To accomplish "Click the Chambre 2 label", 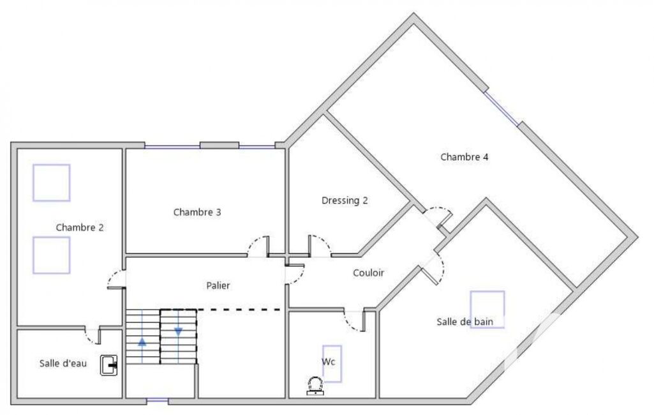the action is coord(80,227).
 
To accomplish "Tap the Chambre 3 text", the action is coord(197,212).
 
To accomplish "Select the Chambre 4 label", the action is coord(464,157).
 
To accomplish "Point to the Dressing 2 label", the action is coord(345,201).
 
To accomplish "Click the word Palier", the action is coord(218,285).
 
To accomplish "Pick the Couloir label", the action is coord(368,273).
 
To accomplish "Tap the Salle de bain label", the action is coord(464,322).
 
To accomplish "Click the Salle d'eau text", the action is coord(63,363).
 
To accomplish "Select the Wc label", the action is coord(328,361).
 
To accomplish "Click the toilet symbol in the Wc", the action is coord(315,386).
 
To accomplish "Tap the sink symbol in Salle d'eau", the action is coord(109,365).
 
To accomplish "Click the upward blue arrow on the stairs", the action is coord(142,342).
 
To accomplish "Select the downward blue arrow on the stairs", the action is coord(178,332).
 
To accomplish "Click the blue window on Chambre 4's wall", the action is coord(502,108).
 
